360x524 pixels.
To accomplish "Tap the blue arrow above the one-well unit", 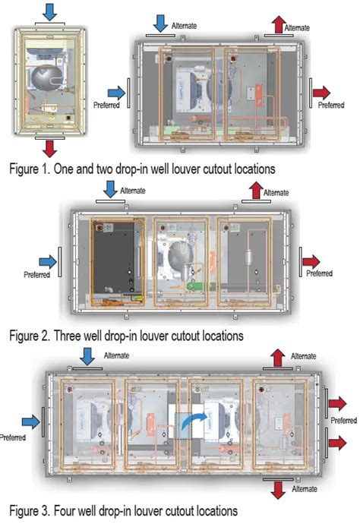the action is pos(49,12).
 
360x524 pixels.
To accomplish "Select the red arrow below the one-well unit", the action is pos(49,148).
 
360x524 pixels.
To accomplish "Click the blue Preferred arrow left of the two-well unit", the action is pos(116,93).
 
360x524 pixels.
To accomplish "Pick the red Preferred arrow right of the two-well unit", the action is pos(321,93).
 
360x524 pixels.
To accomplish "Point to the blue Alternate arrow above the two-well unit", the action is pos(160,24).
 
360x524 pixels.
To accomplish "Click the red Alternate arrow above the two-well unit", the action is pos(278,25).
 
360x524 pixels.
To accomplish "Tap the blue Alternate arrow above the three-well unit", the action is pos(110,189).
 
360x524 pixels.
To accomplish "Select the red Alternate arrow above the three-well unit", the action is pos(256,191).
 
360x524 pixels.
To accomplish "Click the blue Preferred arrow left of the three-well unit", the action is pos(48,262).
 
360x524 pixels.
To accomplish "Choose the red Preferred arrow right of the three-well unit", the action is pos(311,262).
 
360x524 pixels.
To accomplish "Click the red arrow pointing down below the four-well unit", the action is pos(278,491).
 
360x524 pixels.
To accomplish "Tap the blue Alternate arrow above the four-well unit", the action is pos(87,357).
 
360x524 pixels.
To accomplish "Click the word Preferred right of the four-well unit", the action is pos(343,421).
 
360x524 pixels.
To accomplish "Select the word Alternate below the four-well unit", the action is pos(305,489).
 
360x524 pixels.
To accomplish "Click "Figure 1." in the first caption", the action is pos(30,169).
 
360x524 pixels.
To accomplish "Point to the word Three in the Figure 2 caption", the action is pos(68,336).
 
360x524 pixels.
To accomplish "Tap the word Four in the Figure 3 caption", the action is pos(65,511).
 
